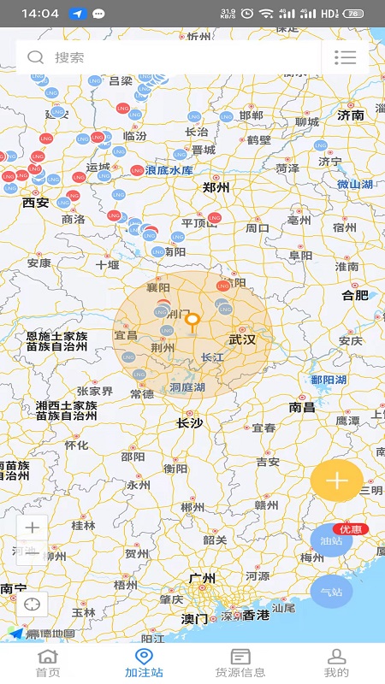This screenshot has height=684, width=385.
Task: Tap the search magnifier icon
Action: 35,57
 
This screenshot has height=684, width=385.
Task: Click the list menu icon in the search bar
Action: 345,57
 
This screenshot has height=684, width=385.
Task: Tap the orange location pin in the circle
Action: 193,322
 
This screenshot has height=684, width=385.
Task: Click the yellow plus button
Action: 336,480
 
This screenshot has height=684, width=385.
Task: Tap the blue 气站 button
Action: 331,592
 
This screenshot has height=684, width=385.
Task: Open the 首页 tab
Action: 48,663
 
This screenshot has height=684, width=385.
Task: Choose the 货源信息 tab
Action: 240,663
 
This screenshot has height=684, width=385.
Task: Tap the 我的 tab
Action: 337,663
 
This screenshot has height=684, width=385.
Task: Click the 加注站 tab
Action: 144,663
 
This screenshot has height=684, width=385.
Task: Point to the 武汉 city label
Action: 242,339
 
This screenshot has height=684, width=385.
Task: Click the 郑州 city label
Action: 216,187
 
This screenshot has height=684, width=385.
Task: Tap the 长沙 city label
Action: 189,422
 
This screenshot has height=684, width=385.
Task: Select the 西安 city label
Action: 36,203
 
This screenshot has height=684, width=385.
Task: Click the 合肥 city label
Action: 355,295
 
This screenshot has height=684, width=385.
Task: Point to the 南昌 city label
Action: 303,408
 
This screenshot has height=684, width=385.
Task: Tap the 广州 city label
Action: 203,579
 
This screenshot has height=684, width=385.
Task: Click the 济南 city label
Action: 351,115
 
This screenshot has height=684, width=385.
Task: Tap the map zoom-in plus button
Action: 33,528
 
